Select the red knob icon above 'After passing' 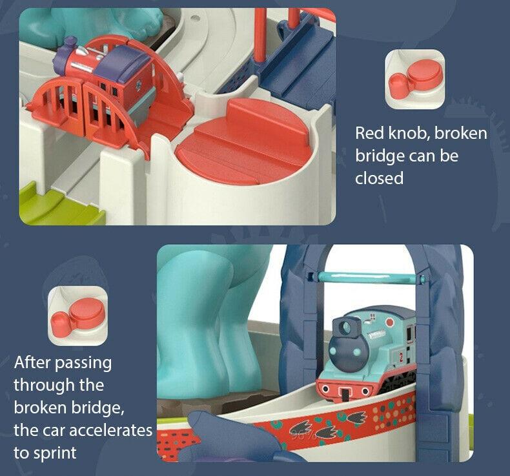(77, 315)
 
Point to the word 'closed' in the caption (379, 178)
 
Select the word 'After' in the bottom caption (34, 362)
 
